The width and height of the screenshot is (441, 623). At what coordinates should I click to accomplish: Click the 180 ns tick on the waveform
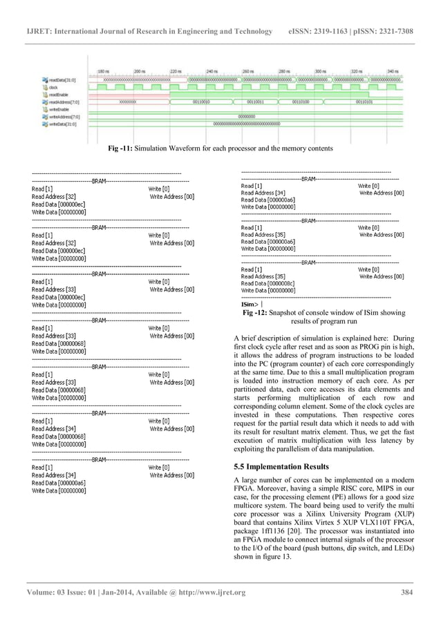click(103, 71)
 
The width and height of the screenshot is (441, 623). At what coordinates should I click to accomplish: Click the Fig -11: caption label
click(121, 148)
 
